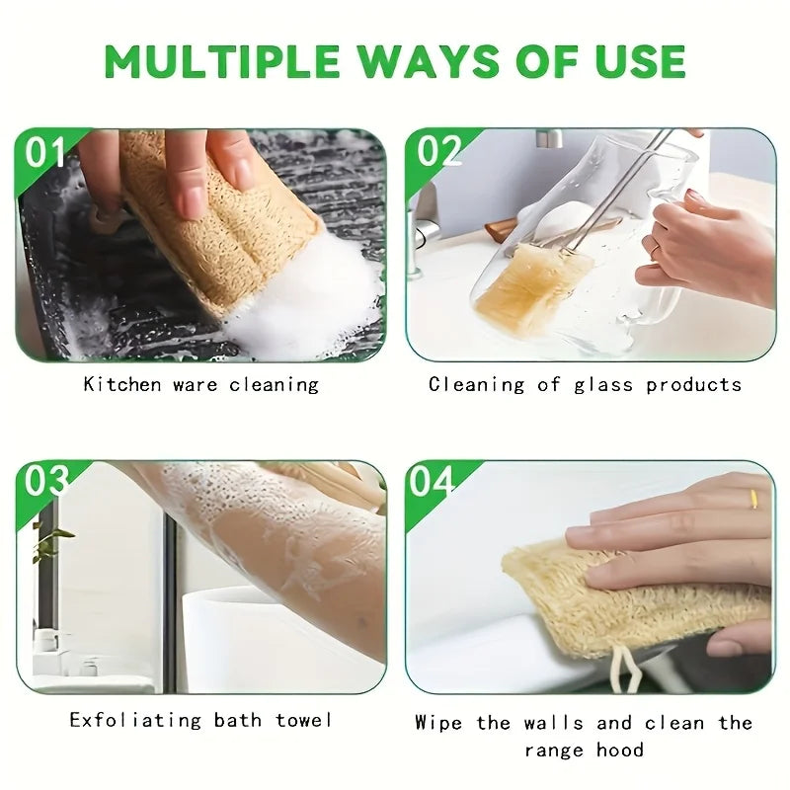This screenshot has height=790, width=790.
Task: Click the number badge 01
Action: point(44,152)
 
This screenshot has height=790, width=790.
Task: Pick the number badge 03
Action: point(45,481)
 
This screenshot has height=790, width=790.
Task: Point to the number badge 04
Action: point(433,481)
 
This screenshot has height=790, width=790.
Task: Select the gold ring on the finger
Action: point(753,499)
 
